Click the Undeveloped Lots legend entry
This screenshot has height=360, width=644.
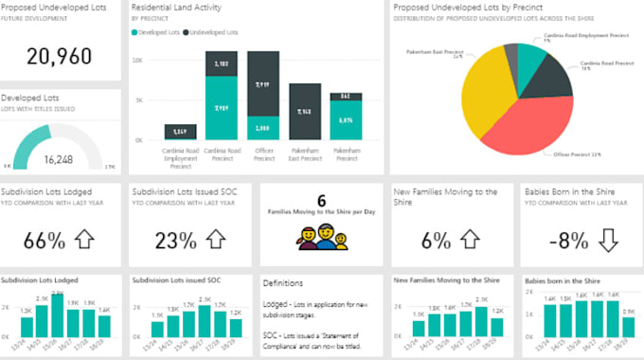point(215,32)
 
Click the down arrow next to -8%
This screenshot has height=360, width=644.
point(607,240)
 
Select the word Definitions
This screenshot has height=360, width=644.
point(284,282)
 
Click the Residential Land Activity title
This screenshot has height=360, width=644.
point(177,7)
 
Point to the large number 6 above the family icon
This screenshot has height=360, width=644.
point(321,201)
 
